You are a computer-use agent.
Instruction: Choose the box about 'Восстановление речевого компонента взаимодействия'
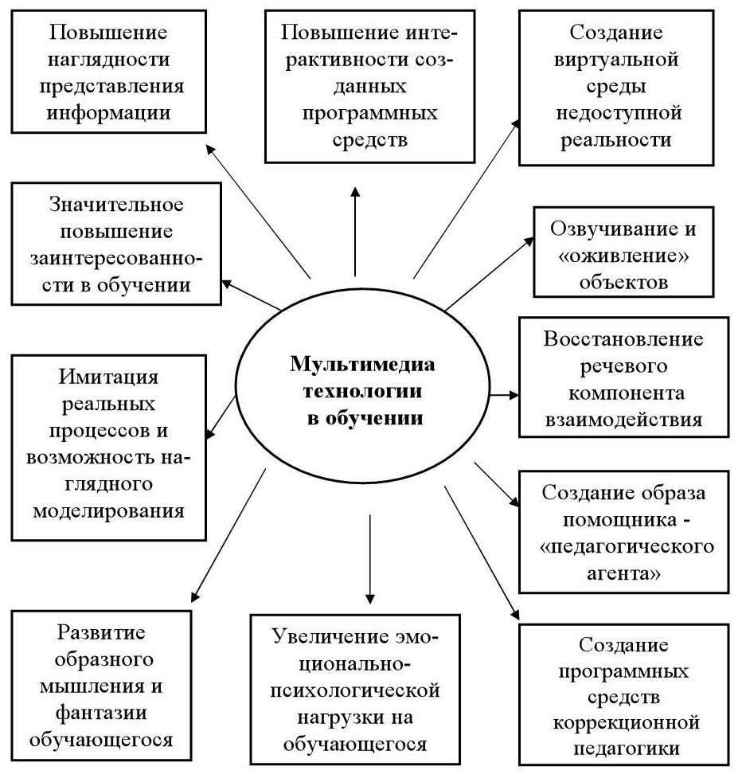pyautogui.click(x=623, y=377)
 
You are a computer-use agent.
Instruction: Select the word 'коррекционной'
pyautogui.click(x=623, y=723)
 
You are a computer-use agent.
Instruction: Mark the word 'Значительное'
pyautogui.click(x=116, y=205)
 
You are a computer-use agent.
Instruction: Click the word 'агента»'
pyautogui.click(x=623, y=573)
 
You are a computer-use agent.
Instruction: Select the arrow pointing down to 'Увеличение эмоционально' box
pyautogui.click(x=369, y=557)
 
